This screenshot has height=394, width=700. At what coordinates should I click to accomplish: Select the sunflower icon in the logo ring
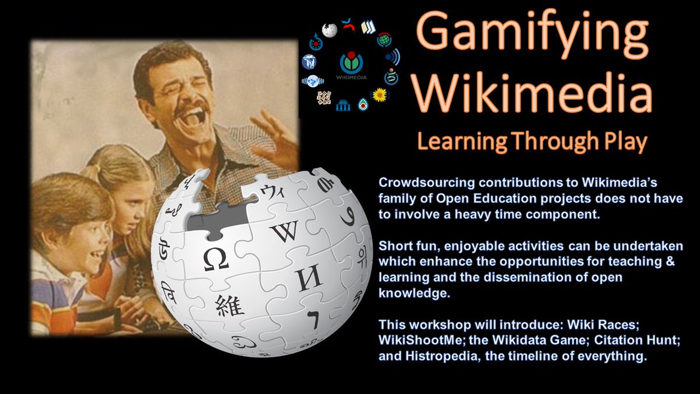(380, 95)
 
